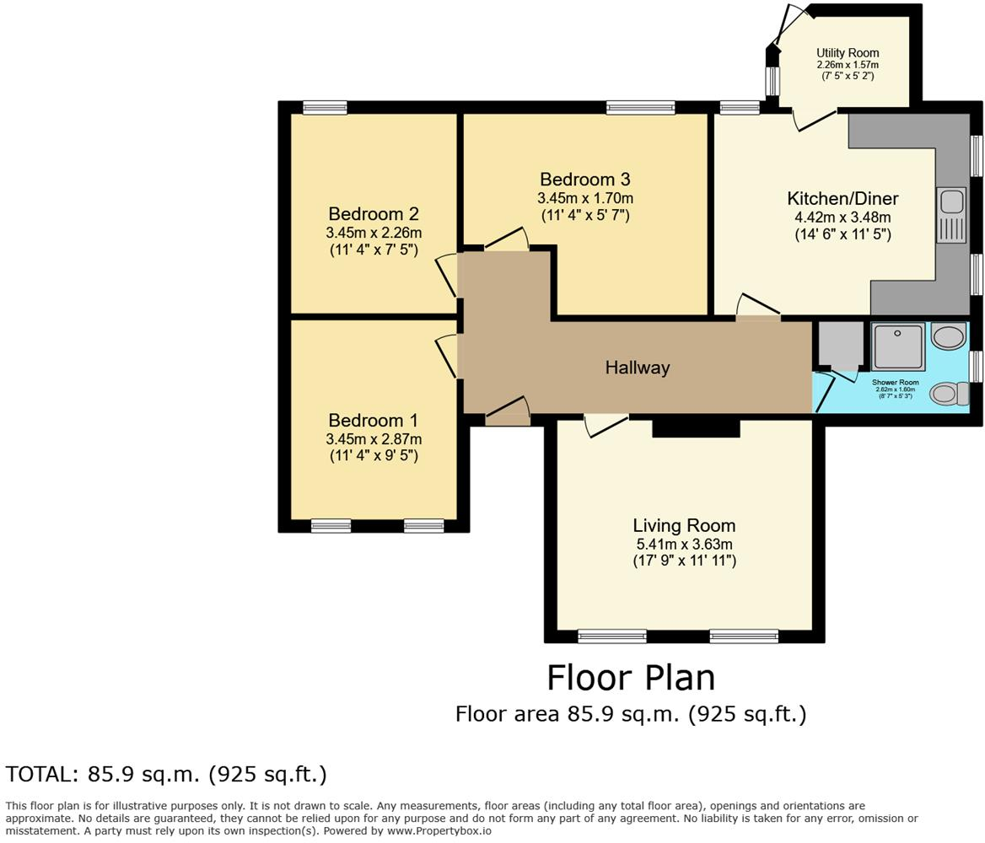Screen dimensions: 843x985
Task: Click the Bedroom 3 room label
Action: pos(584,180)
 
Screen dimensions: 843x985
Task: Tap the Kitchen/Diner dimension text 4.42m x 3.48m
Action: pos(842,217)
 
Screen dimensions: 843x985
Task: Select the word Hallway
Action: pos(638,368)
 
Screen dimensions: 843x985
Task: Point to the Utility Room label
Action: pos(847,53)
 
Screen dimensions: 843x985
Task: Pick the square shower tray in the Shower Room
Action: pos(898,346)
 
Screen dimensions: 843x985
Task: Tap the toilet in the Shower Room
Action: pos(950,393)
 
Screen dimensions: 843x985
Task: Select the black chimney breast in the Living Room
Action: pos(696,427)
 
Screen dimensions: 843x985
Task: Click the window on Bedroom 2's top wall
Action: pos(325,107)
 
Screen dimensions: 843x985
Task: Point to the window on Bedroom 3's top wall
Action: pos(640,107)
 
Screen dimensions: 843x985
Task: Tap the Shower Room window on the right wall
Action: pos(976,366)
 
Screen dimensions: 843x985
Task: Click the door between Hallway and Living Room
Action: pos(606,424)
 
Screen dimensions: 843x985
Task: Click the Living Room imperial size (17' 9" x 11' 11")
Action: pos(684,561)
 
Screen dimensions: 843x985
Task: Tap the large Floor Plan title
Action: pos(631,678)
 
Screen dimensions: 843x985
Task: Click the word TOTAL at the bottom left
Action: pos(40,774)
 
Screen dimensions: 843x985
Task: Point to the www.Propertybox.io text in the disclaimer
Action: pos(439,830)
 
